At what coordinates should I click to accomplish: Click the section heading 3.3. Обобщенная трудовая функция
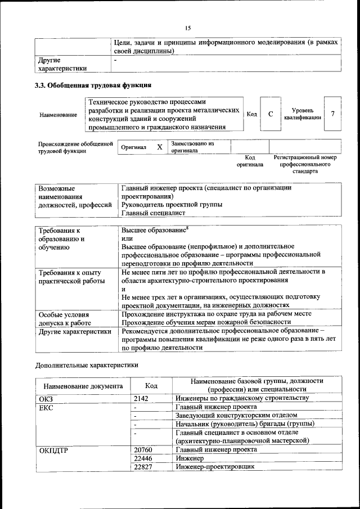point(93,85)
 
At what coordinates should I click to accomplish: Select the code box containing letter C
point(271,114)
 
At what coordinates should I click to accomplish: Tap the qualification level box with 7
point(332,114)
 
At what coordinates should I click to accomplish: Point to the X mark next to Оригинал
point(159,147)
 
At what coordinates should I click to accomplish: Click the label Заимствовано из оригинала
point(192,147)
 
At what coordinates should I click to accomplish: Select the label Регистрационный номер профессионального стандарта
point(305,164)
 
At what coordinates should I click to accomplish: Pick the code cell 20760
point(143,449)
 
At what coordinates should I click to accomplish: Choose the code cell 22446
point(143,458)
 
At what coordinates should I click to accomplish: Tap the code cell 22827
point(143,467)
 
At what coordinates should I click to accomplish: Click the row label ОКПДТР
point(53,450)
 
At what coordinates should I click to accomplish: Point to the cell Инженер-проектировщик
point(215,467)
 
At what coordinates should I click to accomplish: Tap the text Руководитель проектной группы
point(172,205)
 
